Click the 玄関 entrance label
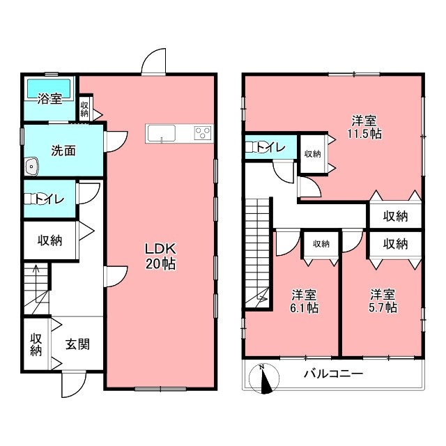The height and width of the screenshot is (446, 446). (77, 344)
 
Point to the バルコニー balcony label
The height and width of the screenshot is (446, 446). (332, 374)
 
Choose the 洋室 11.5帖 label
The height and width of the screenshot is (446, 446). (365, 126)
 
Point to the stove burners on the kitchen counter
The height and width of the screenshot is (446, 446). (202, 133)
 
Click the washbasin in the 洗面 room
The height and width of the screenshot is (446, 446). (31, 166)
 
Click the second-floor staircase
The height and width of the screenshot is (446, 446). (256, 251)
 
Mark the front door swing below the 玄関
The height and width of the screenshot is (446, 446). (73, 383)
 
